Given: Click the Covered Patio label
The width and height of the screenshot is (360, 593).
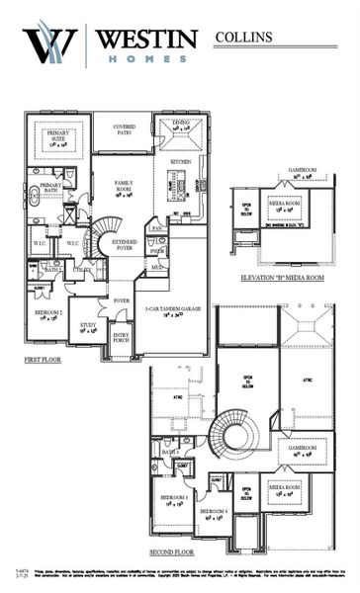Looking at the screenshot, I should coord(125,129).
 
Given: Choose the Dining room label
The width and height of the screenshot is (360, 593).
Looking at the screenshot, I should coord(180,126).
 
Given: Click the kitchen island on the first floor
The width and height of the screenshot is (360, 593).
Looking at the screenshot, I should coord(179,183).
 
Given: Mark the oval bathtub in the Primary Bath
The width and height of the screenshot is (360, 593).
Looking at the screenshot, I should coord(35,195).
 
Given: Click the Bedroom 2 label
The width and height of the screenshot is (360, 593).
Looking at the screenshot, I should coord(48,312).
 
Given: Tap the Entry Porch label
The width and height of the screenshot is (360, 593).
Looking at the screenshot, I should coord(122,338).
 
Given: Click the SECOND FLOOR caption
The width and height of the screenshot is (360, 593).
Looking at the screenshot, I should coord(173,552).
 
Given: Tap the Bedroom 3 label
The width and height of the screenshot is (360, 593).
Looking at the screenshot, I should coord(174,499).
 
